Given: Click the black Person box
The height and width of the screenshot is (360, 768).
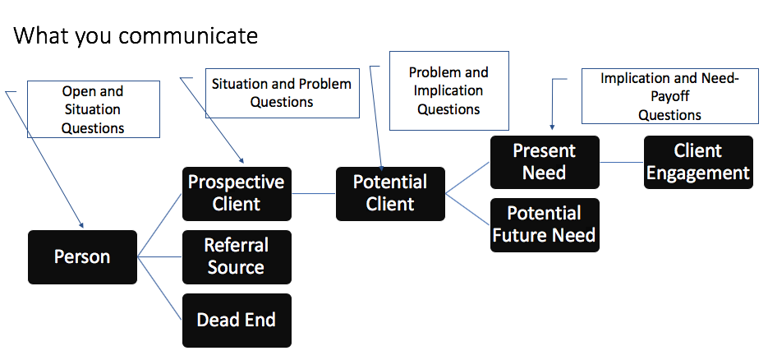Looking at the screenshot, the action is (82, 257).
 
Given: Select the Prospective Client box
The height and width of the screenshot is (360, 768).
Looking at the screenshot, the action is (237, 194).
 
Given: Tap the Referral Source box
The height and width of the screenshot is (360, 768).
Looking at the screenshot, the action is (237, 257).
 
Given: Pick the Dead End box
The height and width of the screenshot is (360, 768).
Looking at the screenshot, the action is (237, 321).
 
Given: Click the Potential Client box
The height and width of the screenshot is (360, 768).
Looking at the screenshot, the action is (390, 194).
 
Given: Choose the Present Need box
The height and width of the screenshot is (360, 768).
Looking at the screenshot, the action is (545, 162).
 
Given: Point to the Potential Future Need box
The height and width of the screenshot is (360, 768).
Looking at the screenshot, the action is (545, 225).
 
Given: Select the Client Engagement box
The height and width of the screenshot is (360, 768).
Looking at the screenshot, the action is (698, 162).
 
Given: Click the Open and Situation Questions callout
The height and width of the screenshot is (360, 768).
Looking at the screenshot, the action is (93, 109).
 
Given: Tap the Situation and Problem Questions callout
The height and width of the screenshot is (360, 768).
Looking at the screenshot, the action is (282, 93).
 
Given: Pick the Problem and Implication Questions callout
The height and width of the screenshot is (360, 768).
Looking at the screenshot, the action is (449, 90).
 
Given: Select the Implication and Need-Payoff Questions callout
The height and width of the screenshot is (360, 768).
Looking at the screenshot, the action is (669, 96).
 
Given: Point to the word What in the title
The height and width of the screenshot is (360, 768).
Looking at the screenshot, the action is (42, 36).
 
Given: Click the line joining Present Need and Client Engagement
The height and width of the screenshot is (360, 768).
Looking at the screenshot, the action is (622, 162).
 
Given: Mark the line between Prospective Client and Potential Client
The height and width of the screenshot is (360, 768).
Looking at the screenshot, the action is (314, 193).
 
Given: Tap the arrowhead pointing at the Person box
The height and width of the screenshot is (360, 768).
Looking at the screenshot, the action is (81, 225).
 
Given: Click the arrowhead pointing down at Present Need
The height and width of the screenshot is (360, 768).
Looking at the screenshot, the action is (552, 127).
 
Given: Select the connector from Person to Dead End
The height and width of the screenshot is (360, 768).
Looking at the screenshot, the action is (159, 288).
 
